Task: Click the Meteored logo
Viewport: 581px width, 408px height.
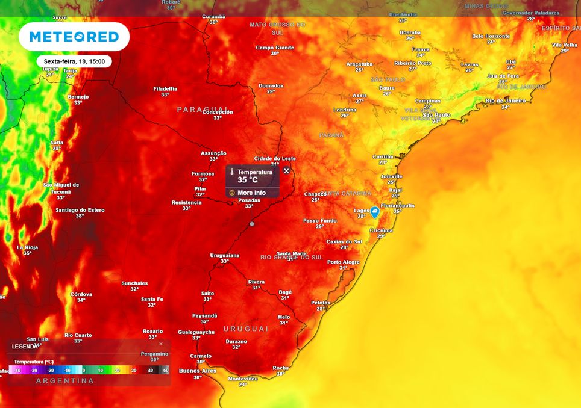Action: pyautogui.click(x=74, y=37)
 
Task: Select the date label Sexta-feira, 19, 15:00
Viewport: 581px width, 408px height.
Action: pyautogui.click(x=74, y=61)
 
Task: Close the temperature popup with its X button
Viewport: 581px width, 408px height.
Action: pyautogui.click(x=286, y=171)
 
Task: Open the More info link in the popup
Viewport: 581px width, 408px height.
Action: pyautogui.click(x=251, y=193)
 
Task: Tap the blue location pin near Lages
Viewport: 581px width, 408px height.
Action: pyautogui.click(x=374, y=212)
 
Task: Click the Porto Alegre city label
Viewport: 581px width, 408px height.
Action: pyautogui.click(x=343, y=262)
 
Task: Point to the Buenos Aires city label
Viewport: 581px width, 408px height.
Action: pyautogui.click(x=197, y=371)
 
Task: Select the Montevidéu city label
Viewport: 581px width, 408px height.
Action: pyautogui.click(x=242, y=379)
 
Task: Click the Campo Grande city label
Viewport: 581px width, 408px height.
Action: pyautogui.click(x=274, y=48)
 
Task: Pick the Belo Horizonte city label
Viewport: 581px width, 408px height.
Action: pyautogui.click(x=491, y=36)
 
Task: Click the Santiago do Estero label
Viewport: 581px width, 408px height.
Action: pyautogui.click(x=80, y=210)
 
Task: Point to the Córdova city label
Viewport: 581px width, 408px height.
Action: pyautogui.click(x=81, y=294)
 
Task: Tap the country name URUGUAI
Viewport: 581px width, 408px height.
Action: pyautogui.click(x=246, y=329)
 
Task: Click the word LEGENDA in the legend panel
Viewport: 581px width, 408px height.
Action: pyautogui.click(x=25, y=347)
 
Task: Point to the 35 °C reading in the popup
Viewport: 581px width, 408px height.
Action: pyautogui.click(x=248, y=179)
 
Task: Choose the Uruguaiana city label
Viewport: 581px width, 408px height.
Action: pyautogui.click(x=224, y=255)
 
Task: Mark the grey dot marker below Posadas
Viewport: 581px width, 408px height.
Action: pyautogui.click(x=252, y=224)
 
